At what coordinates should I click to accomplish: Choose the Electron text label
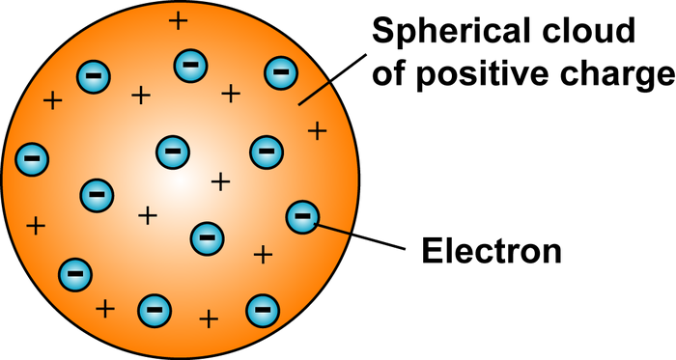click(492, 252)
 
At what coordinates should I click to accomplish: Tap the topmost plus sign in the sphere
click(177, 20)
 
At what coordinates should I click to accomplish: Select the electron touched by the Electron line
click(302, 217)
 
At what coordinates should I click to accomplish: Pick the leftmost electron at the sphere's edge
click(32, 156)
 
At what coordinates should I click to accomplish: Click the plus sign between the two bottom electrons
click(208, 318)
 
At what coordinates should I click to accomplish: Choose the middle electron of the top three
click(187, 66)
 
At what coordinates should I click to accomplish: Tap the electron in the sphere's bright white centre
click(173, 151)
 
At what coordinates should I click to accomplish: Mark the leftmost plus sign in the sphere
click(36, 227)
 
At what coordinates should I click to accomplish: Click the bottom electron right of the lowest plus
click(261, 310)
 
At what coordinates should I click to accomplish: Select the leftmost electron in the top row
click(93, 73)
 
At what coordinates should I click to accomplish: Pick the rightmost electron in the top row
click(280, 70)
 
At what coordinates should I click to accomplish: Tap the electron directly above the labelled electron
click(266, 151)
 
